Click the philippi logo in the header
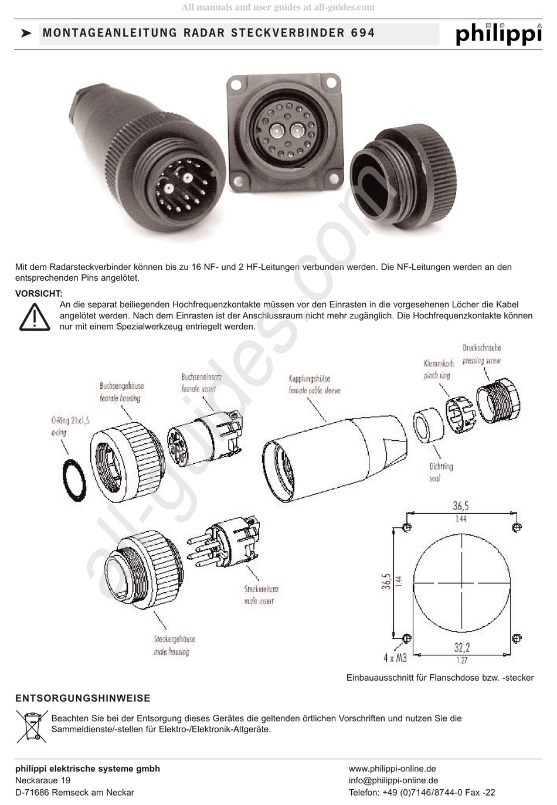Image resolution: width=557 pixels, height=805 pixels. [499, 34]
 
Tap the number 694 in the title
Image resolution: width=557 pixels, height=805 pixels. [362, 33]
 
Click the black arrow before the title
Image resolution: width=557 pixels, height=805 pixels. [26, 33]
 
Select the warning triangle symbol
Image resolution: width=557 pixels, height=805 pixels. [35, 317]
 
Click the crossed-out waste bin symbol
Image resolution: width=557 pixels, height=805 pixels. [32, 726]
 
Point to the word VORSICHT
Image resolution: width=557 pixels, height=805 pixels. [39, 294]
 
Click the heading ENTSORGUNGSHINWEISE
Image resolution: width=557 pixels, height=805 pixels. [83, 698]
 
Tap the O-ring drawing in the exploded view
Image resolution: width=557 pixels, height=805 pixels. [74, 480]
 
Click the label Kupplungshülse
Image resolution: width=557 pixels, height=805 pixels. [310, 378]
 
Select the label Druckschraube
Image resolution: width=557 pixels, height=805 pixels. [481, 348]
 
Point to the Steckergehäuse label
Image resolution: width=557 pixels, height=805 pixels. [174, 639]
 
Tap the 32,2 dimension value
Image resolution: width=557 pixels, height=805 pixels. [462, 648]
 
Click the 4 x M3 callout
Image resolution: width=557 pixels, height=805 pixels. [395, 658]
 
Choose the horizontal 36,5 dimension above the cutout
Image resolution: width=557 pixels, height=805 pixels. [461, 506]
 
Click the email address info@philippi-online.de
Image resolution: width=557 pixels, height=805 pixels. [393, 780]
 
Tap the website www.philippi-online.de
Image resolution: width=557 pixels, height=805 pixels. [392, 769]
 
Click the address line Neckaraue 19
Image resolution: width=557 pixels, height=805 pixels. [43, 780]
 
